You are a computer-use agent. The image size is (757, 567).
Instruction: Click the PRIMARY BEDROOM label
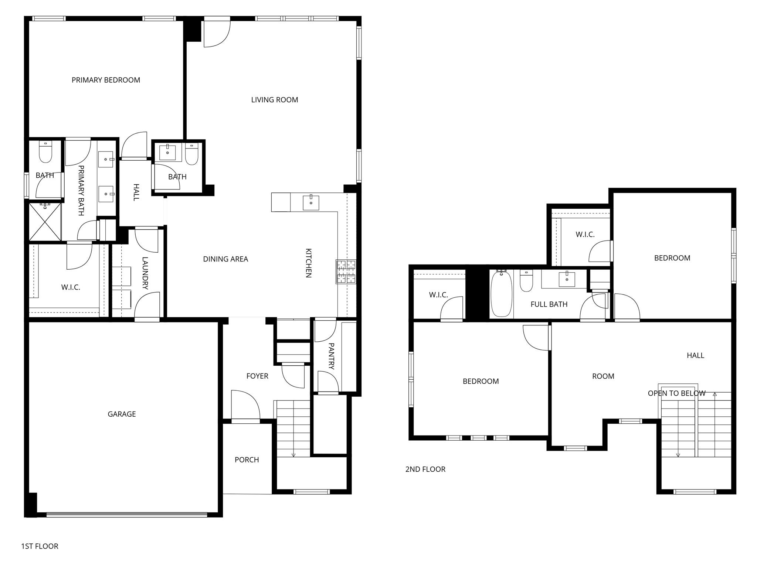tap(106, 80)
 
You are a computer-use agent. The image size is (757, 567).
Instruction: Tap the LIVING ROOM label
tap(274, 100)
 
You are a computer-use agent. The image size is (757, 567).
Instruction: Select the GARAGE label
tap(122, 414)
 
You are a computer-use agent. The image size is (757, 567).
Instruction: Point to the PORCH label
tap(247, 460)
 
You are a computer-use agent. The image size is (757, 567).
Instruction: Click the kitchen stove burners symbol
tap(346, 272)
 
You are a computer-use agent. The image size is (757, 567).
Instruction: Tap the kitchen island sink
tap(311, 202)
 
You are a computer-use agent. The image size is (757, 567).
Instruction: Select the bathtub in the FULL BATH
tap(501, 294)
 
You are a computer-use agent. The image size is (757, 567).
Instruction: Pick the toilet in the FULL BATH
tap(526, 281)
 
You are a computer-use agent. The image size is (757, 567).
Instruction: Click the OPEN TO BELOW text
tap(676, 393)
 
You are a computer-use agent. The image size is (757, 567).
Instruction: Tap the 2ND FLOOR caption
tap(425, 469)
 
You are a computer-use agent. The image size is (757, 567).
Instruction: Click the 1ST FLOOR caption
tap(40, 546)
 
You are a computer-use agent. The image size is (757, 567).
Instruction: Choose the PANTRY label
tap(331, 356)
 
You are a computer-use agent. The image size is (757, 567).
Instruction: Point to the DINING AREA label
tap(225, 259)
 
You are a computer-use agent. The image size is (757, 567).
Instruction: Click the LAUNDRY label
tap(145, 273)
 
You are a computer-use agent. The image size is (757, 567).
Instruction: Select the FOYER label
tap(257, 376)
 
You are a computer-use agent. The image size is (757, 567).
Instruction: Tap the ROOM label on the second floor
tap(603, 376)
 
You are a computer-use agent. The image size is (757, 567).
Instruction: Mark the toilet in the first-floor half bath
tap(191, 155)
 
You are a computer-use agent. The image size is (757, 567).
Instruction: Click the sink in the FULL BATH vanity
tap(566, 279)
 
